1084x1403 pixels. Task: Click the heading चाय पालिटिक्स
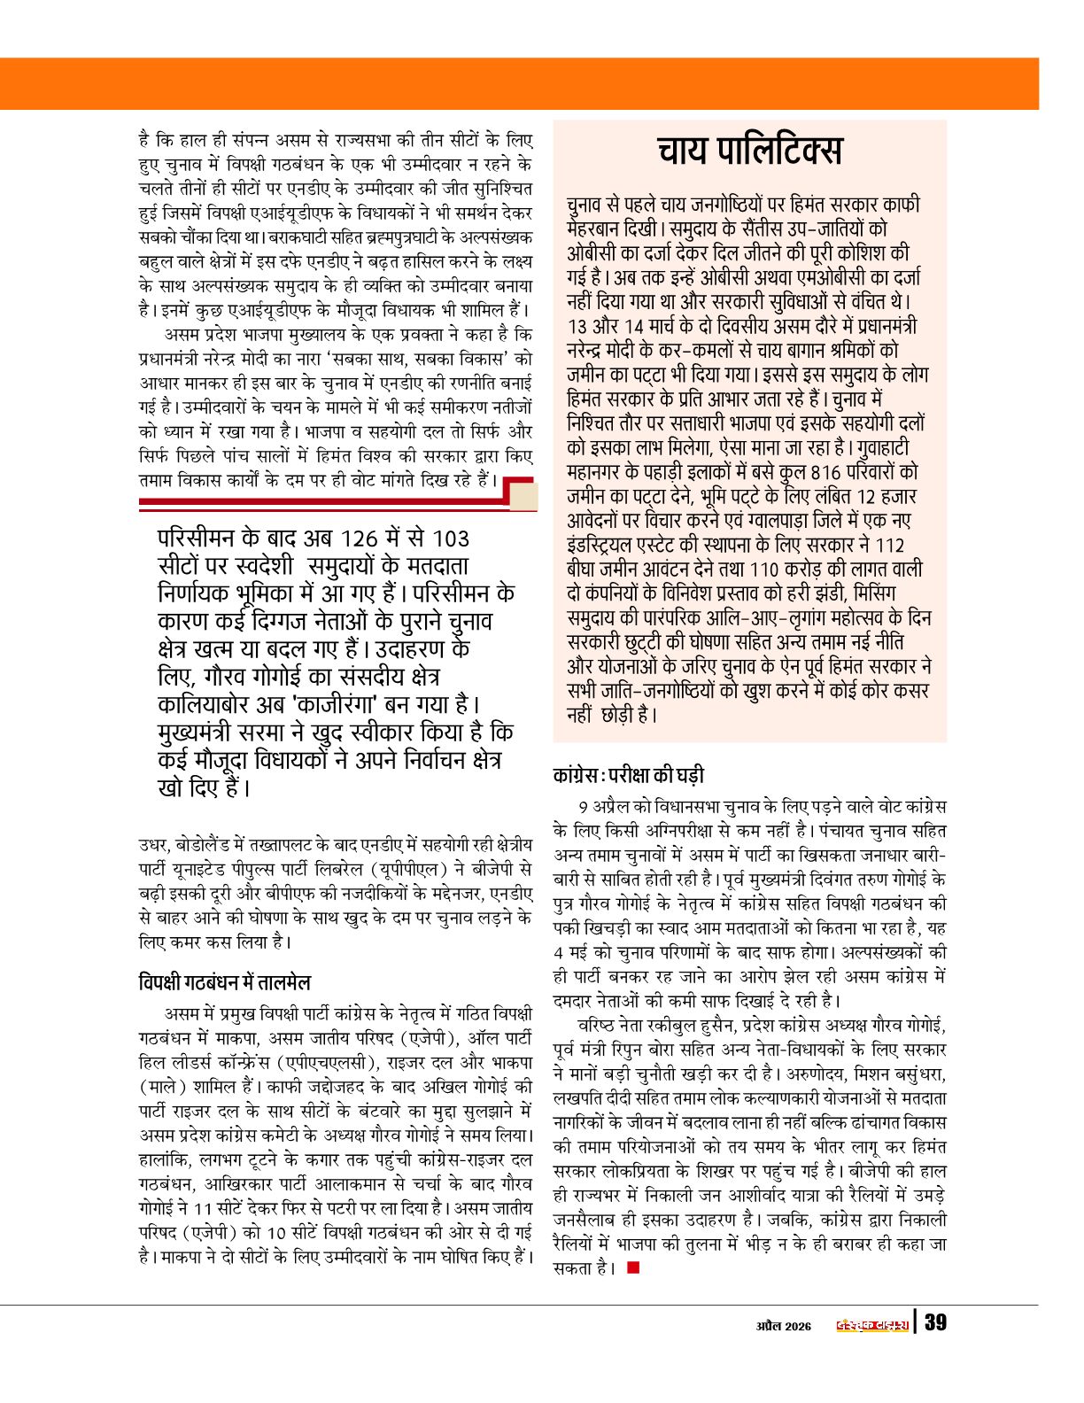[749, 151]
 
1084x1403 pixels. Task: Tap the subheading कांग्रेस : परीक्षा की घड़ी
[628, 776]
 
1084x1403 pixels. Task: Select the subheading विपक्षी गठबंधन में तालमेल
[225, 982]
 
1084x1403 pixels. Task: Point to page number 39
[935, 1323]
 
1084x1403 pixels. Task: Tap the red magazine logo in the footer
[872, 1325]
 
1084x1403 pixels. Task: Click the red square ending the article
[632, 1267]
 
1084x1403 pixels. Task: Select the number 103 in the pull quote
[451, 539]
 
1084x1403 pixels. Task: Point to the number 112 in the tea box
[887, 545]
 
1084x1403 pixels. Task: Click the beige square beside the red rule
[523, 496]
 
